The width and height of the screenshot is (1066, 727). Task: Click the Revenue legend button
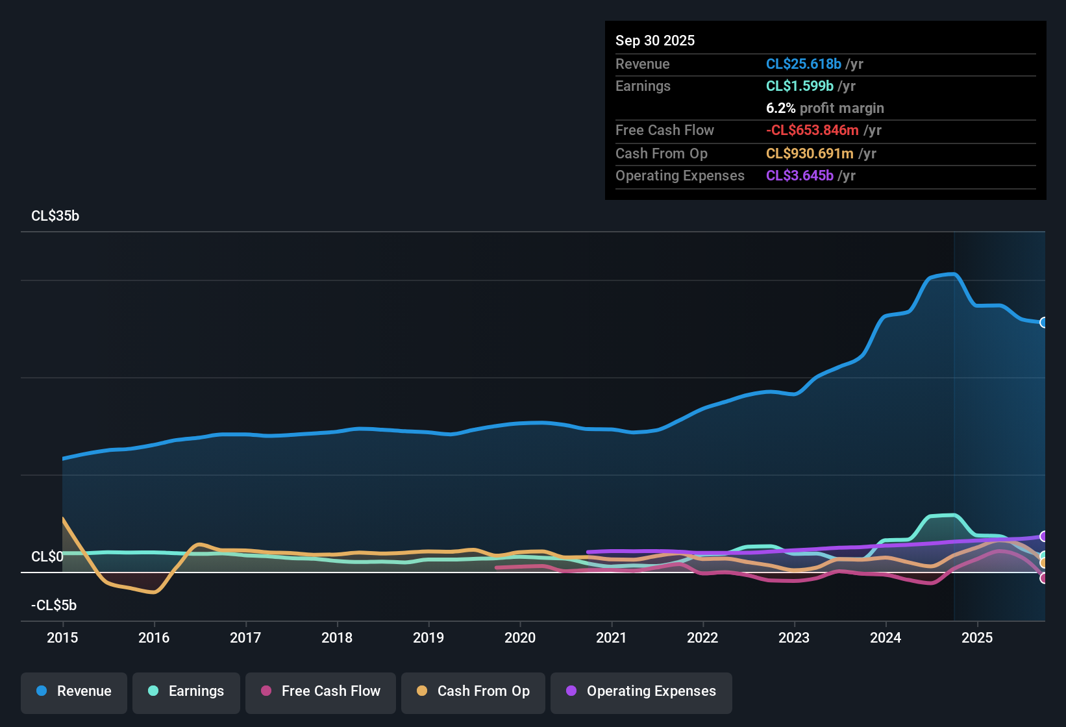(74, 691)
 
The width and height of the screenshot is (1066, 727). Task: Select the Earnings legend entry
(186, 691)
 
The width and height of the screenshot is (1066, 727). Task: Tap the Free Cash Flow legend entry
(321, 691)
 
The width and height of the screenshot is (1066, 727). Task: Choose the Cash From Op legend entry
(473, 691)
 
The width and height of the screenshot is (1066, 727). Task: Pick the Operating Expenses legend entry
(641, 691)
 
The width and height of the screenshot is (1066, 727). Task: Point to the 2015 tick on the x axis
(62, 637)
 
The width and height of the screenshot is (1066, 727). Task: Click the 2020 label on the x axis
(520, 637)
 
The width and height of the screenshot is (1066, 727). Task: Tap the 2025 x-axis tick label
(977, 637)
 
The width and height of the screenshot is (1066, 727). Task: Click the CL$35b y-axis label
(55, 216)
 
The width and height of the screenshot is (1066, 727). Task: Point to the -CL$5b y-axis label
(54, 606)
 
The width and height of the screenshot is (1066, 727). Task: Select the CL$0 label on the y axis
(47, 557)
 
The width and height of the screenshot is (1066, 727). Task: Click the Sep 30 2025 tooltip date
(655, 40)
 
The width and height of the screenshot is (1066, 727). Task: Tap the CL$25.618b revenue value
(803, 64)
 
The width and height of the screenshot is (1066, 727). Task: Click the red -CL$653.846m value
(812, 130)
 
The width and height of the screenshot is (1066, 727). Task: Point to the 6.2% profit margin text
(824, 108)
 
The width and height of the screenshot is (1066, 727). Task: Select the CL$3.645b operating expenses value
(799, 175)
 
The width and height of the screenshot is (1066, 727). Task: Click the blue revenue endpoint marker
(1043, 323)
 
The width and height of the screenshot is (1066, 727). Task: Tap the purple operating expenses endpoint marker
(1043, 536)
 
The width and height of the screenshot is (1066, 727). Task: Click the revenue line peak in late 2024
(951, 275)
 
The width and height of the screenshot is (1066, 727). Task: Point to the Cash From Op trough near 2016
(153, 592)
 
